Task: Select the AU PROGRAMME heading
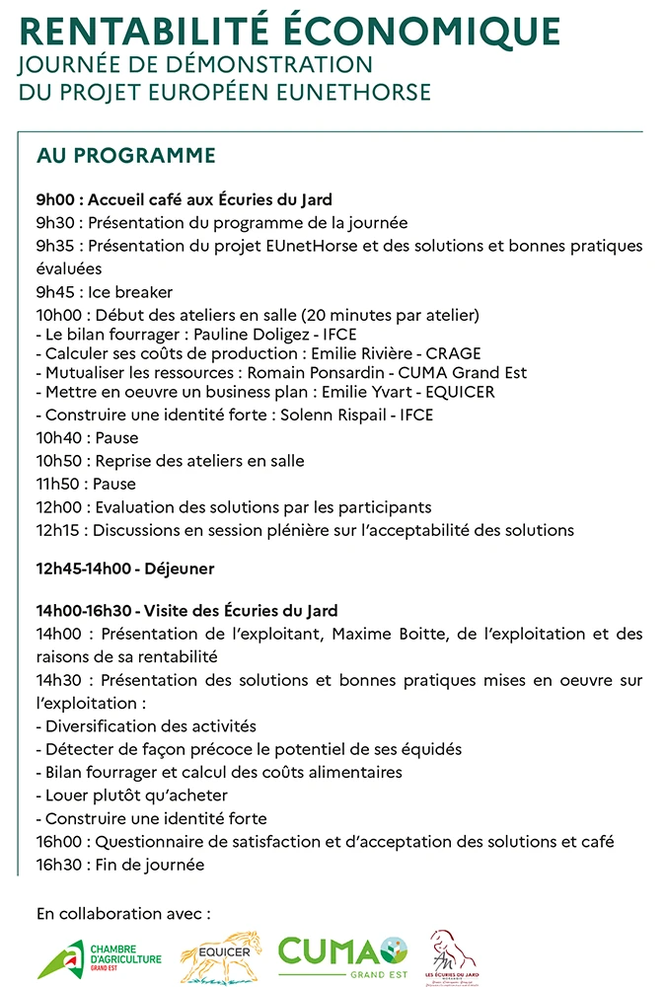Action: [125, 156]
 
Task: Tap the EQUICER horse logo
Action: [220, 956]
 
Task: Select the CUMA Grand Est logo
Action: [342, 954]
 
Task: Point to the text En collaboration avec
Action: [122, 913]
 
